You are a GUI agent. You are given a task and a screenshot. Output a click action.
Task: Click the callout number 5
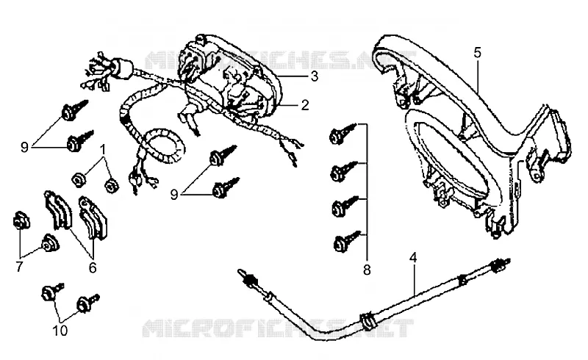click(477, 53)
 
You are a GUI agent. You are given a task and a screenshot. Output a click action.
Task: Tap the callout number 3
click(315, 76)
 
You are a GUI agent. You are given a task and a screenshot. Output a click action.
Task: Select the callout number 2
click(305, 105)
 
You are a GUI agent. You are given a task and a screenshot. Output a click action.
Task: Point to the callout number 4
click(413, 258)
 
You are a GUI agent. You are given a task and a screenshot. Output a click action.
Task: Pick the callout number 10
click(60, 331)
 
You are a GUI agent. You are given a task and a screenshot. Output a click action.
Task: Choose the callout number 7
click(19, 267)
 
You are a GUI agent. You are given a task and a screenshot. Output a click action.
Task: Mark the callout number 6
click(93, 267)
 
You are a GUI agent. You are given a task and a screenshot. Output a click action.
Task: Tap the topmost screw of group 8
click(343, 134)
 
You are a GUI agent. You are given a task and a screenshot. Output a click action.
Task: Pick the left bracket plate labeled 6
click(58, 209)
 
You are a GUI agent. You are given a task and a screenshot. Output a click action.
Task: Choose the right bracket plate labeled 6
click(93, 218)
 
